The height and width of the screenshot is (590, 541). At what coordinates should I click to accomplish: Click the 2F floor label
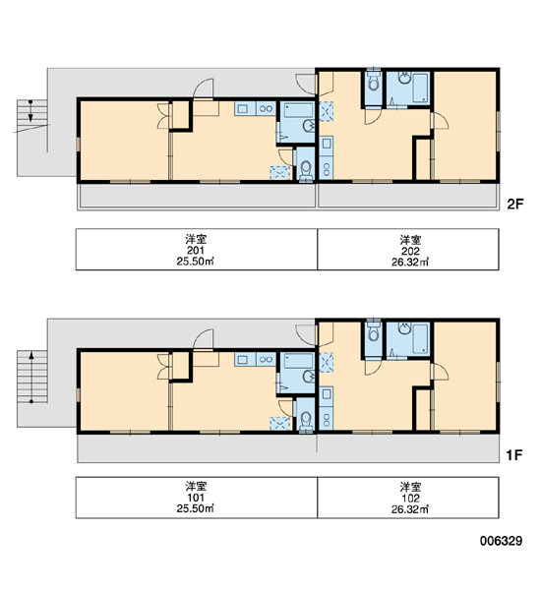(x=515, y=204)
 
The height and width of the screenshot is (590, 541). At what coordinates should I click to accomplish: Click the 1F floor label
(x=514, y=455)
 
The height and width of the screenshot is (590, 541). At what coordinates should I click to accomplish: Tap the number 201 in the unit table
(x=196, y=250)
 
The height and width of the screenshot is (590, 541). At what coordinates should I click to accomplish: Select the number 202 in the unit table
(x=410, y=251)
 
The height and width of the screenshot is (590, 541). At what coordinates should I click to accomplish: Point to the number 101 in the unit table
(x=196, y=498)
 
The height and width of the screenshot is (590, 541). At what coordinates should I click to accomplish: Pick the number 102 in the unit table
(x=410, y=499)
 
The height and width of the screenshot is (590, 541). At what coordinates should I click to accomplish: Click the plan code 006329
(x=501, y=541)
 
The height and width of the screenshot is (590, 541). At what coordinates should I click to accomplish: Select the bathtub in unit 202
(x=420, y=88)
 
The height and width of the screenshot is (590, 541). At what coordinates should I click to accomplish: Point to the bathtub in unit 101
(x=299, y=361)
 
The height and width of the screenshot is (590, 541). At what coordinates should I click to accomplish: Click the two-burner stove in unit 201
(x=267, y=109)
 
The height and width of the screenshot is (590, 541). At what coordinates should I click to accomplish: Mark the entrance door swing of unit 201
(x=204, y=88)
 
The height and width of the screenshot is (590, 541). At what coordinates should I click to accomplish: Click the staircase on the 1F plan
(x=32, y=377)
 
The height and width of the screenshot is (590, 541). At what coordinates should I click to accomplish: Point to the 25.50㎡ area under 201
(x=195, y=262)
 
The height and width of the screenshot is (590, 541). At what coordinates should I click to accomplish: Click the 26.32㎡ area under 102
(x=410, y=509)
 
